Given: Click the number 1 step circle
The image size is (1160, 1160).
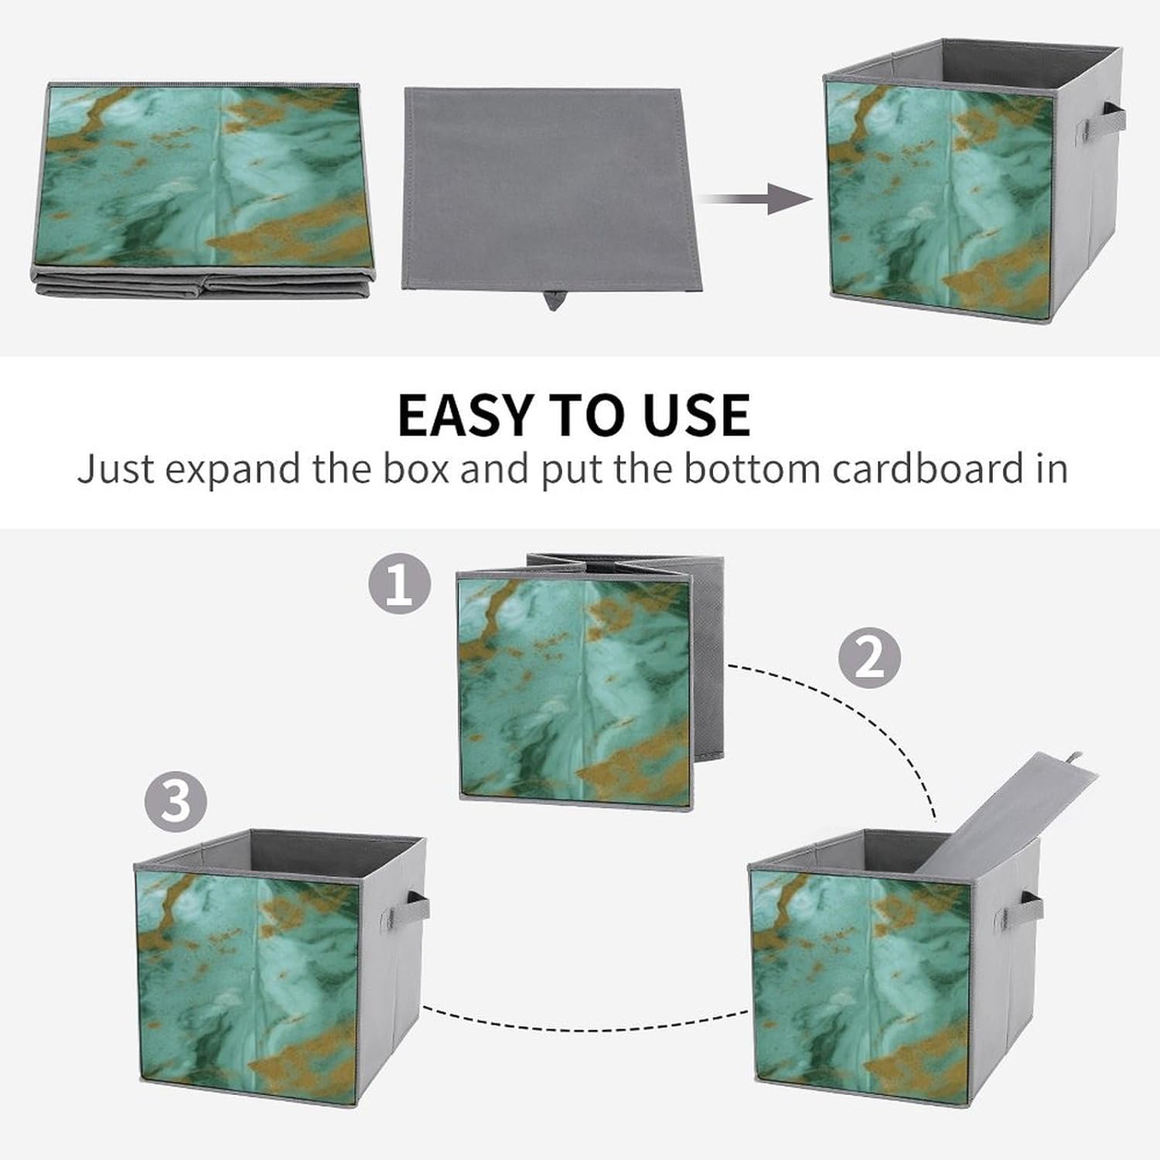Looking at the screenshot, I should pyautogui.click(x=400, y=585).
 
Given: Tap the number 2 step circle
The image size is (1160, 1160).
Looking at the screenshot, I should pyautogui.click(x=870, y=658).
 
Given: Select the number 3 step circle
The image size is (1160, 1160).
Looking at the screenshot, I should pyautogui.click(x=176, y=800).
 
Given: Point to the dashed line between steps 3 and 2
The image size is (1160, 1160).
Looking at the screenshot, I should pyautogui.click(x=588, y=1021).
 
